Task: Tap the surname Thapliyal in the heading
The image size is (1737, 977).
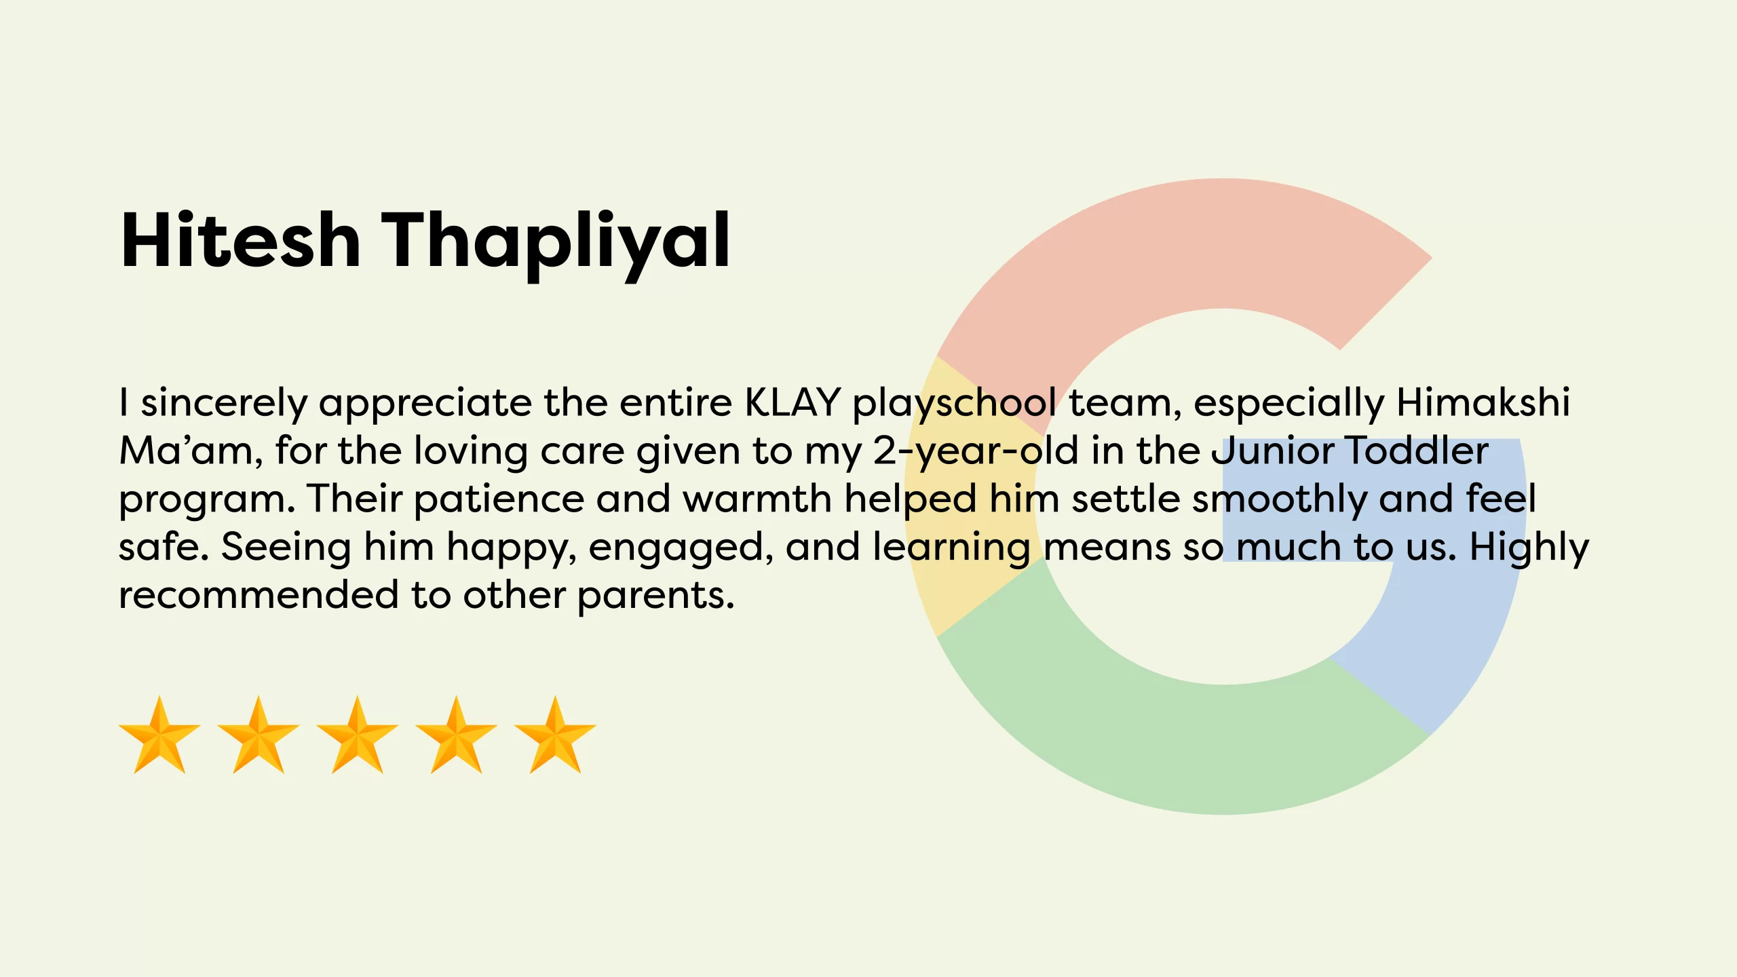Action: pos(556,244)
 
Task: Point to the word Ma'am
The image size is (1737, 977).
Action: pos(191,450)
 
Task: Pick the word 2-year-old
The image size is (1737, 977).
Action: pos(975,451)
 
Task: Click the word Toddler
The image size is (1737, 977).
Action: pos(1417,450)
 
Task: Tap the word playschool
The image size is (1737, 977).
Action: pos(954,404)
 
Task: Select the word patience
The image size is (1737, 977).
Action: pos(499,499)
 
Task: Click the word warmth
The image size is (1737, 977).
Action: pos(757,499)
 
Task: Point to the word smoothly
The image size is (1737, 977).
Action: pos(1280,500)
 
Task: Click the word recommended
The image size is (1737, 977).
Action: pos(259,595)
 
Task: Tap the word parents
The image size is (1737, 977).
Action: pos(656,597)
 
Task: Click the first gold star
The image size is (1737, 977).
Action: pos(159,735)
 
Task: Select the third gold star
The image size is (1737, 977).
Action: pos(358,735)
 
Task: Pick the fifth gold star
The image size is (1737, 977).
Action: pos(556,735)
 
